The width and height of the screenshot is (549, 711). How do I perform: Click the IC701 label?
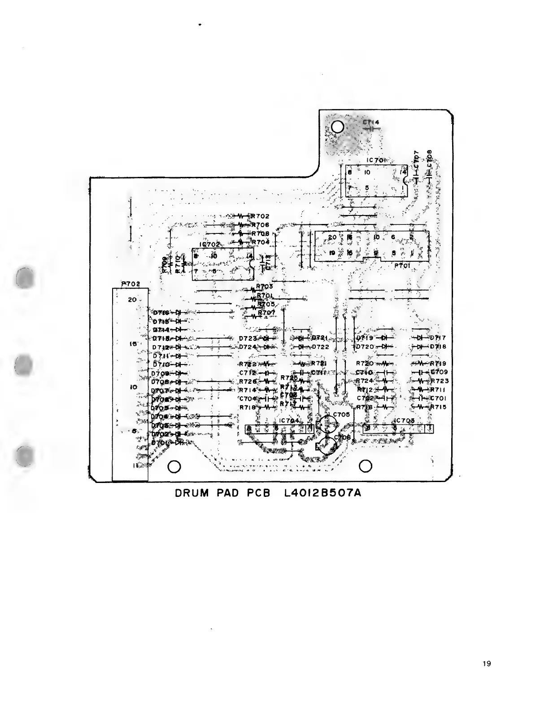coord(376,160)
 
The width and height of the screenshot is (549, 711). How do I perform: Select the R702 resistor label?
coord(260,216)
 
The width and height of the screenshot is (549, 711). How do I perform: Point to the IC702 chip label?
coord(209,245)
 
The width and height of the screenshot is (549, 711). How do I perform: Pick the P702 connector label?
coord(131,284)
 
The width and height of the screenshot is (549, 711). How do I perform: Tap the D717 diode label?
coord(438,338)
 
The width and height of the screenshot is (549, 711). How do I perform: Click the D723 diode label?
coord(247,338)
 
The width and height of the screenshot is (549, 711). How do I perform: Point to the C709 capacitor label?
coord(439,372)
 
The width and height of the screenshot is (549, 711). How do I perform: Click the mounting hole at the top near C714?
coord(338,127)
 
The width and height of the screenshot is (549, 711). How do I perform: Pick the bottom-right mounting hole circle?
coord(366,466)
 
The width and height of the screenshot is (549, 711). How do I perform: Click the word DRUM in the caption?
coord(192,493)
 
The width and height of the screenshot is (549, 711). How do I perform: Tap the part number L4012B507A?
coord(322,493)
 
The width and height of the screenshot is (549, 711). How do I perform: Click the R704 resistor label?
coord(260,242)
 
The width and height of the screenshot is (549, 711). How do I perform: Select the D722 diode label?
coord(320,347)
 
